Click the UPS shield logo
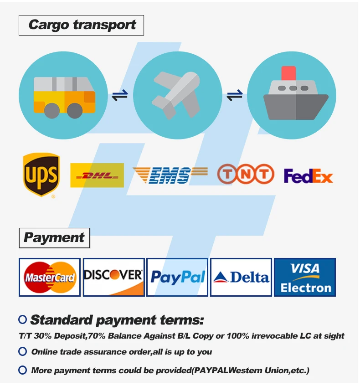click(x=41, y=175)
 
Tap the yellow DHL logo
click(x=97, y=175)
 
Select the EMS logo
click(x=170, y=175)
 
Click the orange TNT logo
click(x=245, y=174)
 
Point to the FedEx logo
click(x=308, y=176)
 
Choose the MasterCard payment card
click(x=50, y=277)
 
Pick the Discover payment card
click(x=113, y=277)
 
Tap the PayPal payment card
click(x=177, y=277)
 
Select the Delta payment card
click(x=241, y=277)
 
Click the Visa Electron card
click(x=305, y=277)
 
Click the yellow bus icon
click(x=64, y=96)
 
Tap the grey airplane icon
click(x=177, y=95)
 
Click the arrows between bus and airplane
click(x=120, y=96)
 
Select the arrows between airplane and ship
click(x=234, y=96)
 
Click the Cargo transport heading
click(x=81, y=25)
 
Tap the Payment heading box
click(x=54, y=237)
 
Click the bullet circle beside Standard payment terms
click(x=22, y=319)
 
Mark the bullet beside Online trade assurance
click(x=22, y=352)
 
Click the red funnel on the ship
click(x=288, y=73)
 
